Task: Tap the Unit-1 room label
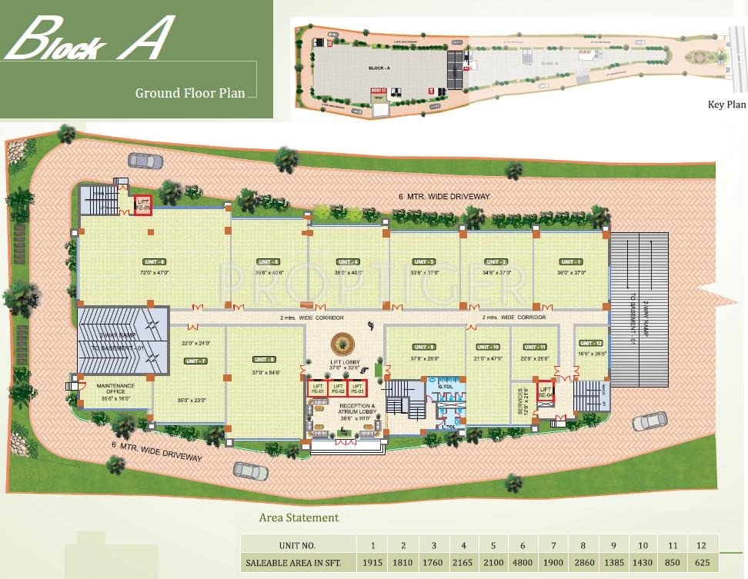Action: coord(570,261)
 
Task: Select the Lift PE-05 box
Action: coord(143,205)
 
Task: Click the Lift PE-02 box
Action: coord(337,388)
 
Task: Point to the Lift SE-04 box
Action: coord(546,392)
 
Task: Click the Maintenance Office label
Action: coord(115,388)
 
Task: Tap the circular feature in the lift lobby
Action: coord(341,344)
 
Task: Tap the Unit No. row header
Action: coord(297,545)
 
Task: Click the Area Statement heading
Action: coord(299,517)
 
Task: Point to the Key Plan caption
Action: coord(726,105)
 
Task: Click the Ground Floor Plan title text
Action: coord(190,93)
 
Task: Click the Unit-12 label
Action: coord(591,343)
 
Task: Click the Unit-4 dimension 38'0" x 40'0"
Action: coord(348,273)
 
